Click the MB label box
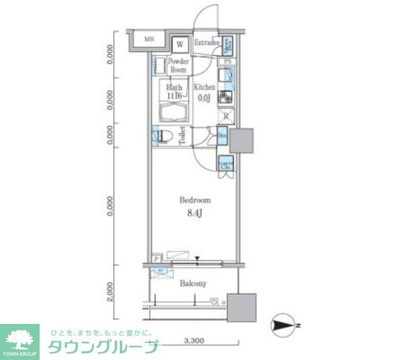click(149, 39)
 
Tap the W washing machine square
click(180, 44)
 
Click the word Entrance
click(206, 43)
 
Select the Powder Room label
click(178, 66)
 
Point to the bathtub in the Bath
click(174, 114)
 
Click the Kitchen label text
click(204, 87)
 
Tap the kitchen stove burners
click(225, 97)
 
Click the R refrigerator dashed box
click(226, 116)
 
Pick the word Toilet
click(182, 136)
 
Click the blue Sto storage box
click(223, 135)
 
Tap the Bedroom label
click(195, 200)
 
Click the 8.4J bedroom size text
click(195, 213)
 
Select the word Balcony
click(193, 283)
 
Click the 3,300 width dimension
click(194, 342)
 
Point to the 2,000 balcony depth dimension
click(110, 292)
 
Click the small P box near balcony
click(156, 259)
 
